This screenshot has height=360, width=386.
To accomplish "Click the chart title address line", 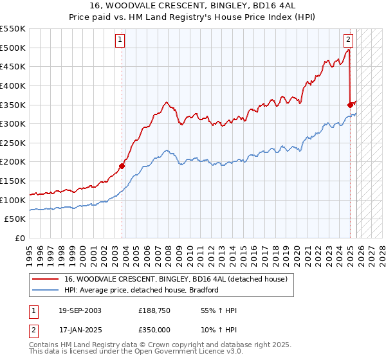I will click(x=193, y=6).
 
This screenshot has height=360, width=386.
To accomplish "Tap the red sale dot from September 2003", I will click(x=122, y=166).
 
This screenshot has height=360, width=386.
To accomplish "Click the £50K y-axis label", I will click(x=15, y=219).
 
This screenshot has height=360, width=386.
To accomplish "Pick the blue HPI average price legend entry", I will click(x=142, y=290).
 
